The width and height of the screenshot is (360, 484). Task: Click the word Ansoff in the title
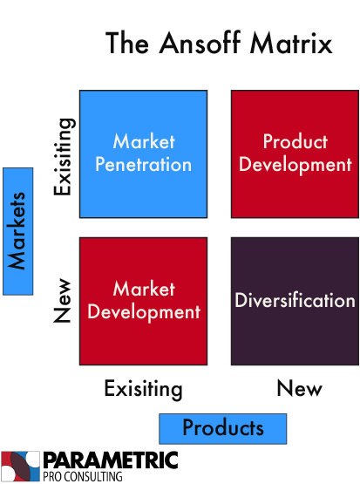coord(200,43)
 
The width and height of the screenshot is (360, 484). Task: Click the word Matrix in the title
coord(291,43)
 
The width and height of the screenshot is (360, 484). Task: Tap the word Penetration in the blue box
coord(144,164)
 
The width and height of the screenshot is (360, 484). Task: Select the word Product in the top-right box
coord(295,141)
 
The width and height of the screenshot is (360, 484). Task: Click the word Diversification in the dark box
coord(295,300)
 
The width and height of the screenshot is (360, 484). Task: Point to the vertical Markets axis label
coord(18,231)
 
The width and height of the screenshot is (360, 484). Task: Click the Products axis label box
coord(223,429)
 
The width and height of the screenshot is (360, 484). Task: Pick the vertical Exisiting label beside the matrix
coord(64,157)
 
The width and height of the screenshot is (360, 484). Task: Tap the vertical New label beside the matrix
coord(62,301)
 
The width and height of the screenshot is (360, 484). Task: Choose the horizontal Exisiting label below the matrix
coord(144,389)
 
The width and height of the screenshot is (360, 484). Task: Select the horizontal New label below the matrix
coord(300,388)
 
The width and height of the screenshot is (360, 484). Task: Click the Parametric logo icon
coord(20,466)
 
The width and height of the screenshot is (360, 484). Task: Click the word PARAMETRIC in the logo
coord(111,460)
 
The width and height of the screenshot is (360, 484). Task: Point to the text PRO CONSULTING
coord(82,476)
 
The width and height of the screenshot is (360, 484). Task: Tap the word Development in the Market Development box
coord(144,311)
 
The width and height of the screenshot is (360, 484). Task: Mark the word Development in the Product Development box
coord(295,164)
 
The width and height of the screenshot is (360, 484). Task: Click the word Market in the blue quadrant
coord(144,141)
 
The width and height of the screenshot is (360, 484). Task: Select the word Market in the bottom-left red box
coord(144,289)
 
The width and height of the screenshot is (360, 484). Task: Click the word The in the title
coord(127,43)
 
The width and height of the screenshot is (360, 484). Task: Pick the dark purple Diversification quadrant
coord(295,301)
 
